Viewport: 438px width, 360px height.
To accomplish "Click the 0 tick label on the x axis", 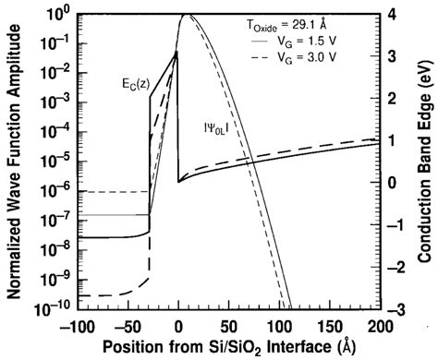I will [x=178, y=328].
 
